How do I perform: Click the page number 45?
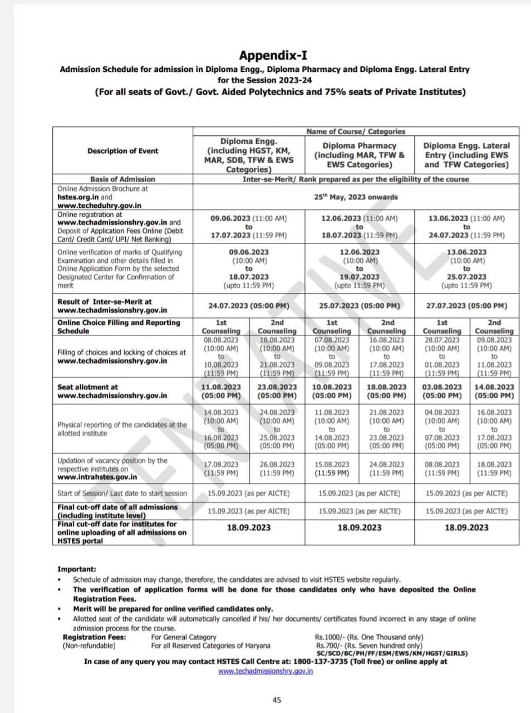click(277, 700)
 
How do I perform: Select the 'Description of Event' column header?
click(122, 151)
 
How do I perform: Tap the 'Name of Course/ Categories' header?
click(356, 131)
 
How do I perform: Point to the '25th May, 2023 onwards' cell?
click(356, 197)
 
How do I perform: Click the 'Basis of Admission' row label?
click(122, 179)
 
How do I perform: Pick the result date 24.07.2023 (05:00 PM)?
click(248, 306)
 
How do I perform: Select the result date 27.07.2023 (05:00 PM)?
click(466, 306)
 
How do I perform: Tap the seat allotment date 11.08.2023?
click(221, 387)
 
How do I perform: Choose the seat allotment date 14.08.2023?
click(494, 387)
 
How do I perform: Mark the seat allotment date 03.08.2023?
click(442, 387)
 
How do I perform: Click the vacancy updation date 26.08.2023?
click(277, 465)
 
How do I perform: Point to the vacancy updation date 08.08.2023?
click(442, 465)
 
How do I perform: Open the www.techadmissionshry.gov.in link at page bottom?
click(265, 671)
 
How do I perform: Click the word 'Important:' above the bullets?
click(76, 569)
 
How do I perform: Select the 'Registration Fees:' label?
click(94, 637)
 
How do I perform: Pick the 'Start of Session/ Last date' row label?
click(122, 494)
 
